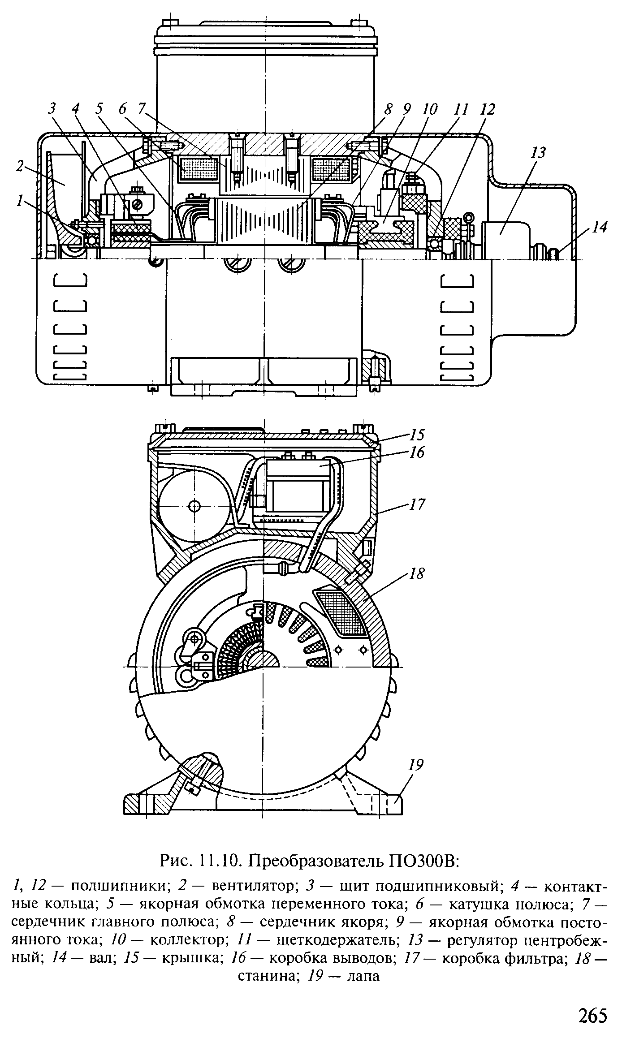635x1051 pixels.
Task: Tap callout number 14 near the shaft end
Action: point(599,228)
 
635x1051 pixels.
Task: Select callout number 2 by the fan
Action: point(20,167)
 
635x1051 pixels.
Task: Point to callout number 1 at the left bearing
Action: point(19,202)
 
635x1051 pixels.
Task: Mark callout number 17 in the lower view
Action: point(417,505)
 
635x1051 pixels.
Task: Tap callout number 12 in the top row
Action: point(488,109)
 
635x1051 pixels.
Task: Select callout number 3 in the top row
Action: point(53,108)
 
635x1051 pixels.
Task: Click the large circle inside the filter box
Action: point(194,506)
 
